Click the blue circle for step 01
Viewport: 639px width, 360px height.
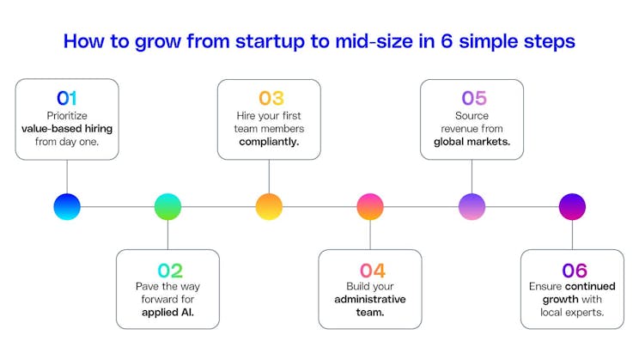[x=67, y=206]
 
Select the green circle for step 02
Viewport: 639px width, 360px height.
[x=167, y=206]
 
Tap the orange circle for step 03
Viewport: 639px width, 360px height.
[x=269, y=206]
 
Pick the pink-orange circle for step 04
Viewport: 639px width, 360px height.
[x=370, y=206]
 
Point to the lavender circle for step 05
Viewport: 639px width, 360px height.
[x=472, y=206]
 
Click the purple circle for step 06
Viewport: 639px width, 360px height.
[x=572, y=206]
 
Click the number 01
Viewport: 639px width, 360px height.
[x=67, y=97]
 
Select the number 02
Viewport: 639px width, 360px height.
[x=167, y=270]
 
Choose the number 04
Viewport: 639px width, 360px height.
[x=370, y=270]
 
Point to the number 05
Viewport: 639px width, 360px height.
[x=472, y=97]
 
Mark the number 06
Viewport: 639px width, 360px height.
[x=572, y=270]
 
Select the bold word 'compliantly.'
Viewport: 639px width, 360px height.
[x=269, y=142]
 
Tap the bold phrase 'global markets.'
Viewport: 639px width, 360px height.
[x=472, y=142]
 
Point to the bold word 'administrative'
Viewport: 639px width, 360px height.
[x=370, y=299]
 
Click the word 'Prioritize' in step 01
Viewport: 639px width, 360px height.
[x=67, y=114]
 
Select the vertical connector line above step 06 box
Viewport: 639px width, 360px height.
[x=572, y=234]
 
